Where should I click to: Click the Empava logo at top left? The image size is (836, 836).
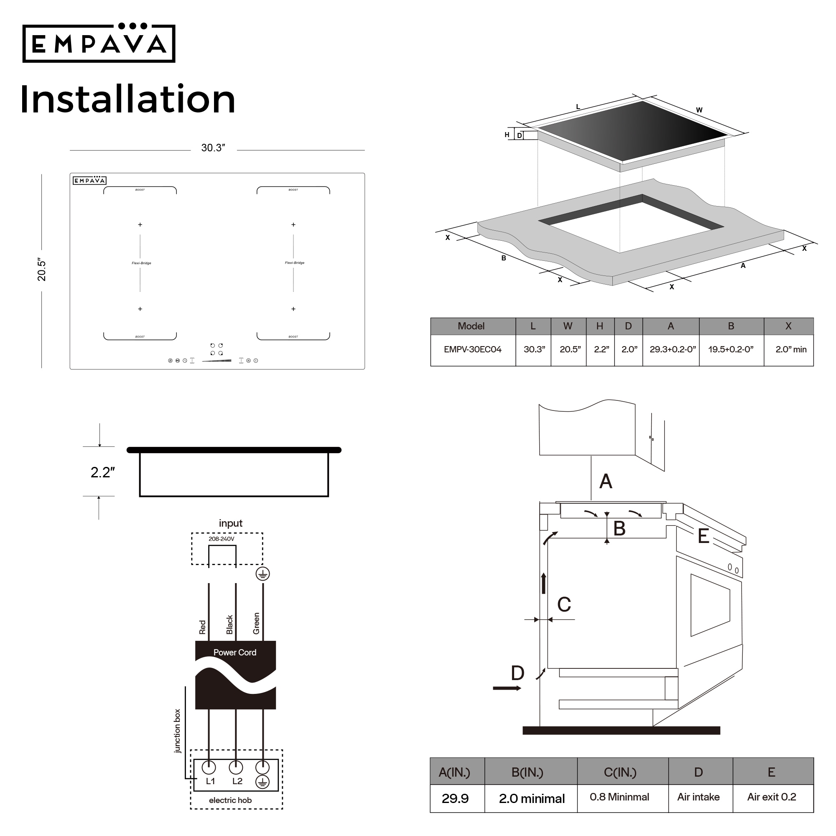point(99,43)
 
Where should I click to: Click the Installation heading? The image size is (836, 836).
point(127,99)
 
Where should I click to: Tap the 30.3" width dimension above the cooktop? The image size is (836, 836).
point(213,148)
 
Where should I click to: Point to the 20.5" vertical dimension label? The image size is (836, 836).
point(41,270)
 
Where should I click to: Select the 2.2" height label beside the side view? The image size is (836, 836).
point(102,472)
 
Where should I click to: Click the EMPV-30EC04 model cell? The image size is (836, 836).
point(472,349)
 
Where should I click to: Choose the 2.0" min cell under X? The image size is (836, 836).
point(790,349)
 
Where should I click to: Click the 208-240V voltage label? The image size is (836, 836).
point(221,539)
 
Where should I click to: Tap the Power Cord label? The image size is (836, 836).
point(234,652)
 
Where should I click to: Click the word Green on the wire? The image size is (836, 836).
point(256,624)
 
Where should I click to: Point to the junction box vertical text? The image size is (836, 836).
point(177,731)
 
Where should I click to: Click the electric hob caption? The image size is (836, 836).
point(230,800)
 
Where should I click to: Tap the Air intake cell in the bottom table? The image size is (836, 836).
point(698,797)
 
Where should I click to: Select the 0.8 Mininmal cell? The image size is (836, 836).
point(619,797)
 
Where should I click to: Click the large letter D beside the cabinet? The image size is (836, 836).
point(517,673)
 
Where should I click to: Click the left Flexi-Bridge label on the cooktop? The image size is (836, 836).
point(142,263)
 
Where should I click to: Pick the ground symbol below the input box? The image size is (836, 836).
point(263,574)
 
